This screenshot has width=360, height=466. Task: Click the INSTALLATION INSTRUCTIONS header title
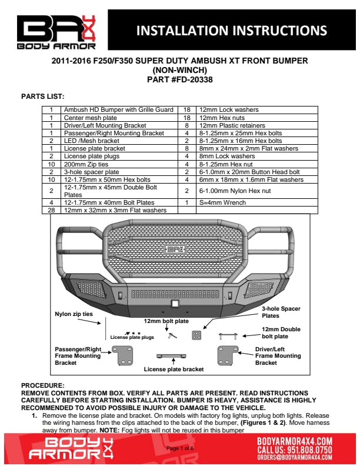coord(231,30)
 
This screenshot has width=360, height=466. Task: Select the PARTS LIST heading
coord(43,96)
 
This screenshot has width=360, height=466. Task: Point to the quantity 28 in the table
coord(51,210)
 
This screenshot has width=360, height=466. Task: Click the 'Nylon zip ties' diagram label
coord(74,314)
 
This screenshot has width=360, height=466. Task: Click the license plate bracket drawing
coord(174,357)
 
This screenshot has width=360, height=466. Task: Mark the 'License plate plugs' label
coord(132,338)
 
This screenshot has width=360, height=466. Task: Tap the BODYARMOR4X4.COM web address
coord(295,441)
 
